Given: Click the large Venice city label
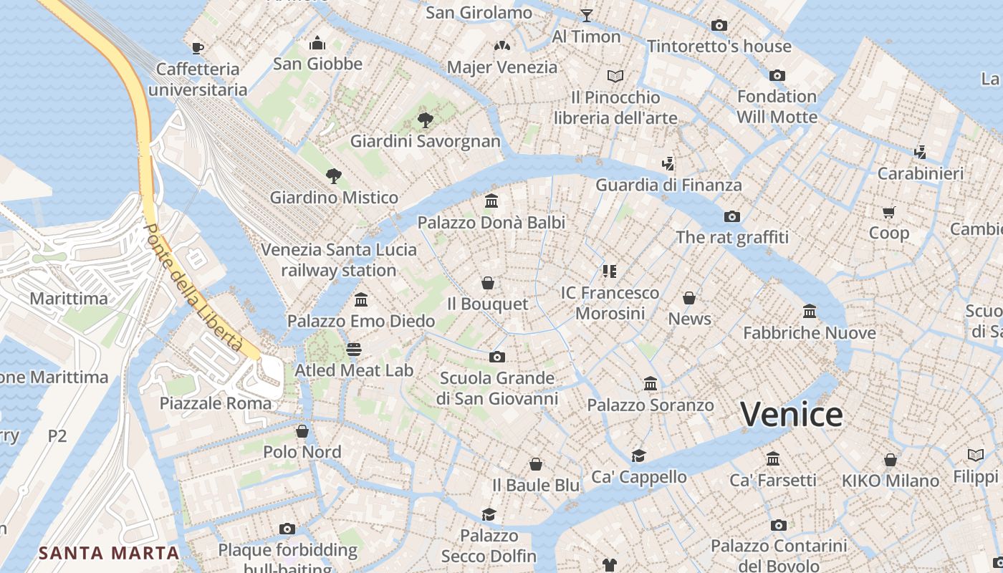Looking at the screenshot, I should (x=792, y=415).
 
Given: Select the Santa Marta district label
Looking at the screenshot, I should (x=109, y=553).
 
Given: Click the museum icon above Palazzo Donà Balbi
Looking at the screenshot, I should (x=491, y=201).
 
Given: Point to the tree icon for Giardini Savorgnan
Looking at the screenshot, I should (x=426, y=120).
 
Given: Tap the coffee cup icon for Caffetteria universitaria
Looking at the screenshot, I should (x=198, y=48).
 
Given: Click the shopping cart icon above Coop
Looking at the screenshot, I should (x=889, y=212).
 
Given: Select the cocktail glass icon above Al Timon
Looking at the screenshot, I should (x=587, y=15).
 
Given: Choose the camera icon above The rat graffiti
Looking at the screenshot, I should (x=731, y=216).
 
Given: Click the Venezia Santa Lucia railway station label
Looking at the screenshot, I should (x=339, y=260).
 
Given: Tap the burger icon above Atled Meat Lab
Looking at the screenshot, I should (x=354, y=350).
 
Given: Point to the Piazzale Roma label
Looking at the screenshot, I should (x=216, y=403).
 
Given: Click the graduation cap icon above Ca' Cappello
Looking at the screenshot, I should (x=638, y=456).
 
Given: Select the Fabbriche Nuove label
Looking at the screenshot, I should (x=810, y=333).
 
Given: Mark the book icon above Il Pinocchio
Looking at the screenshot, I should (x=615, y=76).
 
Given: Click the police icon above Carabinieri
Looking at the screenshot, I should (x=921, y=152).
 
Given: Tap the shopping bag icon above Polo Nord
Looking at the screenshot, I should (x=302, y=431).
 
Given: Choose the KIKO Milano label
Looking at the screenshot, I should (x=891, y=481).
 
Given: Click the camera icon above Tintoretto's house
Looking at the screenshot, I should (x=719, y=26).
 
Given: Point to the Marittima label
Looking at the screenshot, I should (x=69, y=299).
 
